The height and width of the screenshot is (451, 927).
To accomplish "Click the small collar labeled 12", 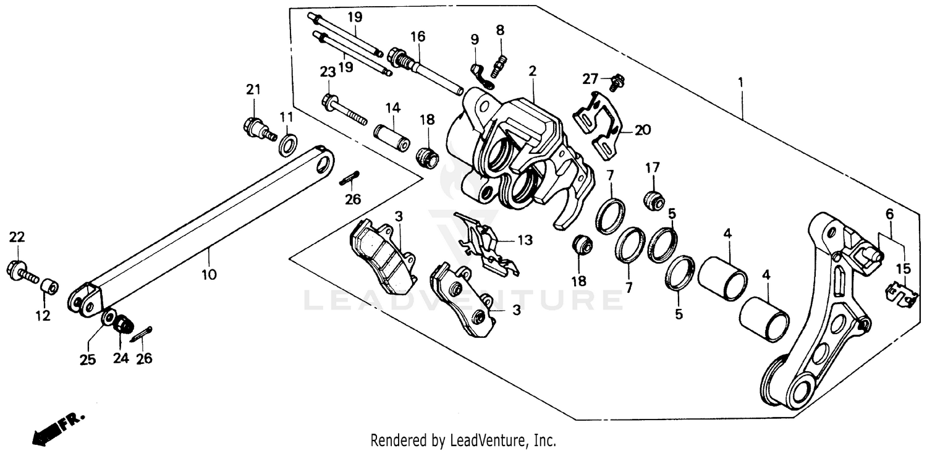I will point(50,287).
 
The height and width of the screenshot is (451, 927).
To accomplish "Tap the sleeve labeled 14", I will point(392,138).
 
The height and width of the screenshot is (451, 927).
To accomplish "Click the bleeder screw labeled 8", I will point(500,62).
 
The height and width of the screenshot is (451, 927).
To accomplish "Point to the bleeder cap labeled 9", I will point(481,74).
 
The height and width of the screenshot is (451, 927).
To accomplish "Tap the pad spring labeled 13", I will point(488,244).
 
